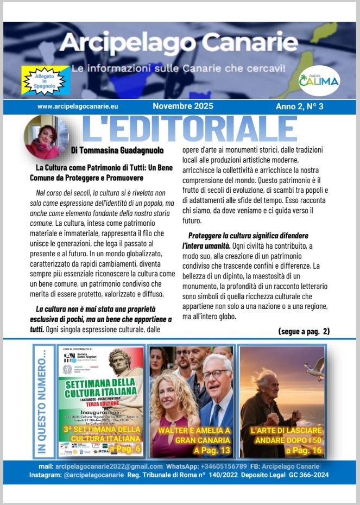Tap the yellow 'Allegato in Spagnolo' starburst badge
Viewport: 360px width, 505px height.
pyautogui.click(x=45, y=81)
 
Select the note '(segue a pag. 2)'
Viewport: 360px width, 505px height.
pyautogui.click(x=304, y=330)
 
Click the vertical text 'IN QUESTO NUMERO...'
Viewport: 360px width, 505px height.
pyautogui.click(x=43, y=400)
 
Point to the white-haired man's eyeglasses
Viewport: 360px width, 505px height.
pyautogui.click(x=216, y=374)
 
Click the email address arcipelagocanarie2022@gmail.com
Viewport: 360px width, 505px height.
pyautogui.click(x=109, y=466)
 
